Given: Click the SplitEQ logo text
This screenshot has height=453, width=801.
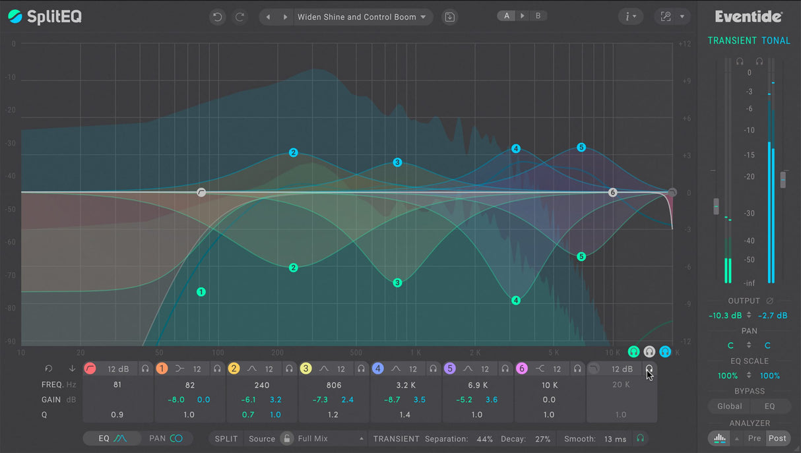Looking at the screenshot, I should tap(54, 16).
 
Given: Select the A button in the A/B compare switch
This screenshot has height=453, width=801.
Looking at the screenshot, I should tap(507, 16).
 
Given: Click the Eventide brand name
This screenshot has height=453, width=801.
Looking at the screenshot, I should tap(748, 16).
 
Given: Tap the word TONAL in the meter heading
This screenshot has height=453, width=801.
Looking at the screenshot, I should tap(775, 41).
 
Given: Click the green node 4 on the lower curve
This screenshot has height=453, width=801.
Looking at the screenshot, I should tap(516, 301).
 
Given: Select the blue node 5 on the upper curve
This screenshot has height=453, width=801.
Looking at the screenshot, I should tap(581, 148).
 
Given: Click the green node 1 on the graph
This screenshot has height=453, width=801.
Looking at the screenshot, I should tap(201, 291).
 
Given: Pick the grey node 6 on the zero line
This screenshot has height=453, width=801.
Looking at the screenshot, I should tap(612, 193).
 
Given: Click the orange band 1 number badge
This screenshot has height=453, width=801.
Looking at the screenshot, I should tap(162, 369).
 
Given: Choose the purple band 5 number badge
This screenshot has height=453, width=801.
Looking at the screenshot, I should tap(450, 369).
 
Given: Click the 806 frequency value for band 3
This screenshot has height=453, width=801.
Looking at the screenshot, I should tap(334, 384).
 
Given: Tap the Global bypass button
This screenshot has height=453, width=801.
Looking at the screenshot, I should tap(729, 406).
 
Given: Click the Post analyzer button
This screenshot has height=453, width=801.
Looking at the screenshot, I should tap(777, 438).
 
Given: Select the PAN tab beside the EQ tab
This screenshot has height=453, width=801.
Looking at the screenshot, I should tap(165, 438).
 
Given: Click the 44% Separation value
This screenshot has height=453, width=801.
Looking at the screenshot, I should tap(484, 438).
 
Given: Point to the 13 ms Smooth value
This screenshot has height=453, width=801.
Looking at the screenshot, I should tap(616, 438).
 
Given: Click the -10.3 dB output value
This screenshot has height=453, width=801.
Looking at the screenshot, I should tap(725, 316).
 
